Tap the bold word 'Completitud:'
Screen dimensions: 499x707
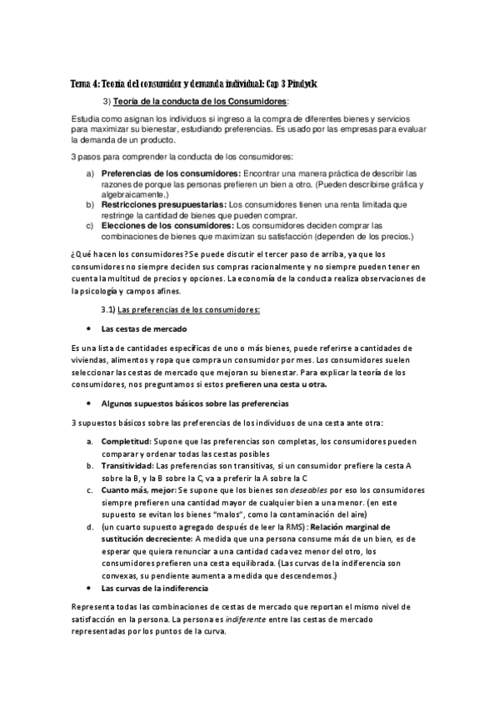126,440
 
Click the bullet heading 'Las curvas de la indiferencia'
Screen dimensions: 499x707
154,589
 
